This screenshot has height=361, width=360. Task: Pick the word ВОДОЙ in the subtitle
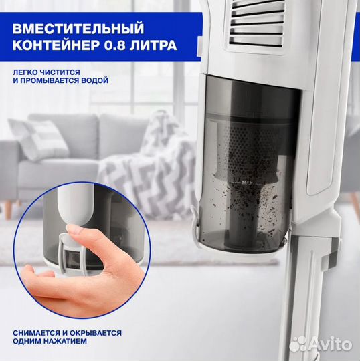tap(93, 80)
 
